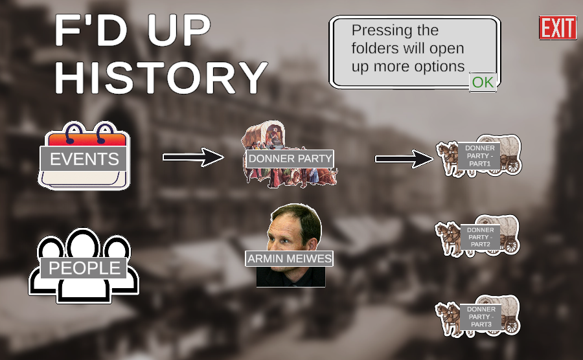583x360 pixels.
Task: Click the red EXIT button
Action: (557, 28)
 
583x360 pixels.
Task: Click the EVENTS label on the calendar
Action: (84, 159)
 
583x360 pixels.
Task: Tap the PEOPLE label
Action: (84, 268)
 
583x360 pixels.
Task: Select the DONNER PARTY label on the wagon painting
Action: (290, 159)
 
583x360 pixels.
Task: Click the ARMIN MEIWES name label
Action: (290, 259)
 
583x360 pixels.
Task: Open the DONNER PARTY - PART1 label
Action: (480, 156)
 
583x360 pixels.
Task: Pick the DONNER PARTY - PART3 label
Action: (481, 317)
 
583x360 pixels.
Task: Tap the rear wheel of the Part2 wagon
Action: (510, 245)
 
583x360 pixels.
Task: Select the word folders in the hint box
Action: (374, 49)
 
